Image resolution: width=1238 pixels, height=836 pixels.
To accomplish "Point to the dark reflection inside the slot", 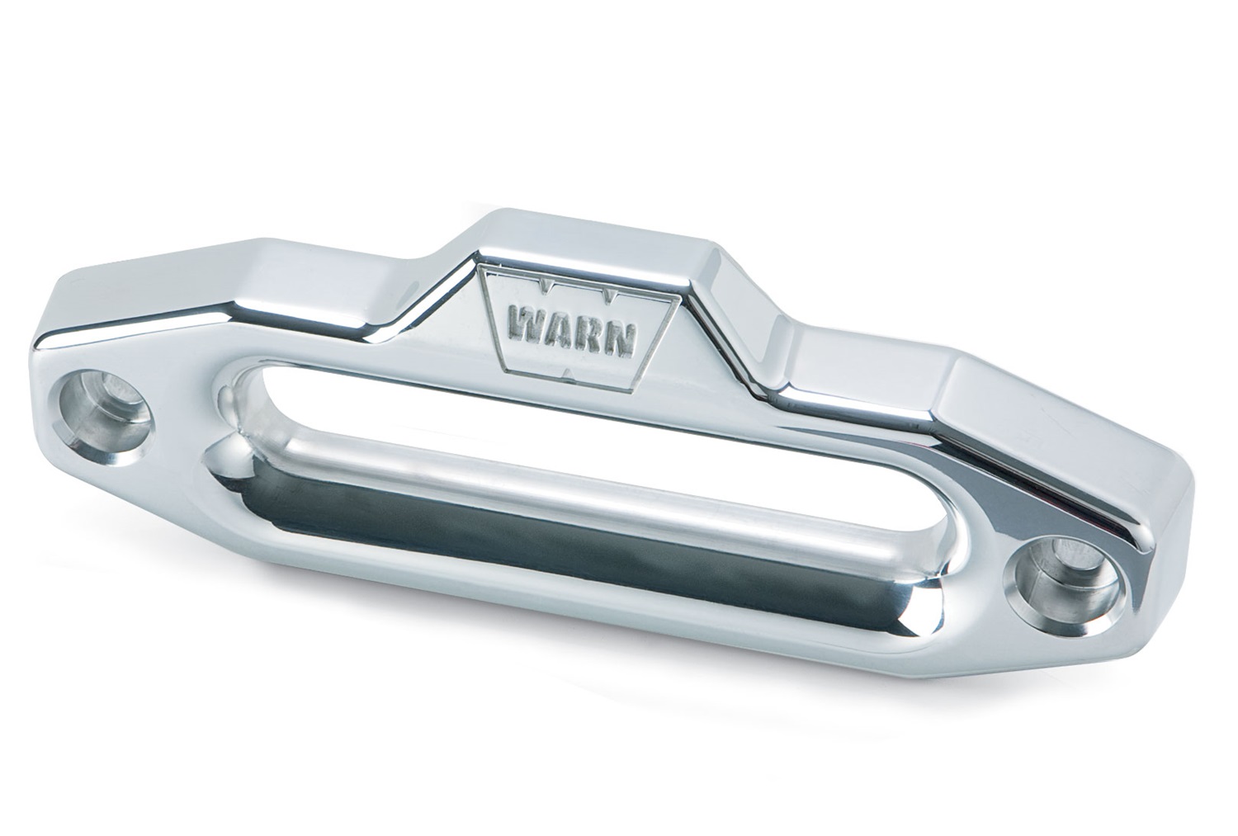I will point(578,528).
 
